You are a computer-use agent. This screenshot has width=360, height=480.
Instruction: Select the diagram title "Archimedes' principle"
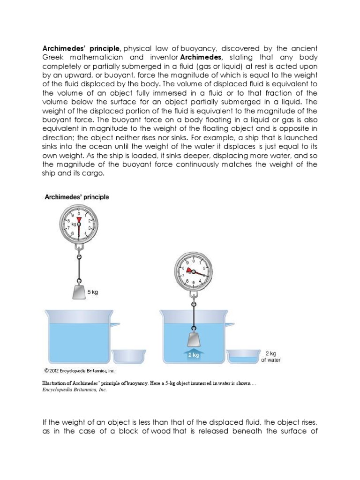pos(76,197)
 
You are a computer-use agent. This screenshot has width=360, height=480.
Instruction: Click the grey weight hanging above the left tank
pos(79,292)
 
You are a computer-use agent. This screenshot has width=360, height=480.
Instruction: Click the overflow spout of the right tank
pos(229,323)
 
